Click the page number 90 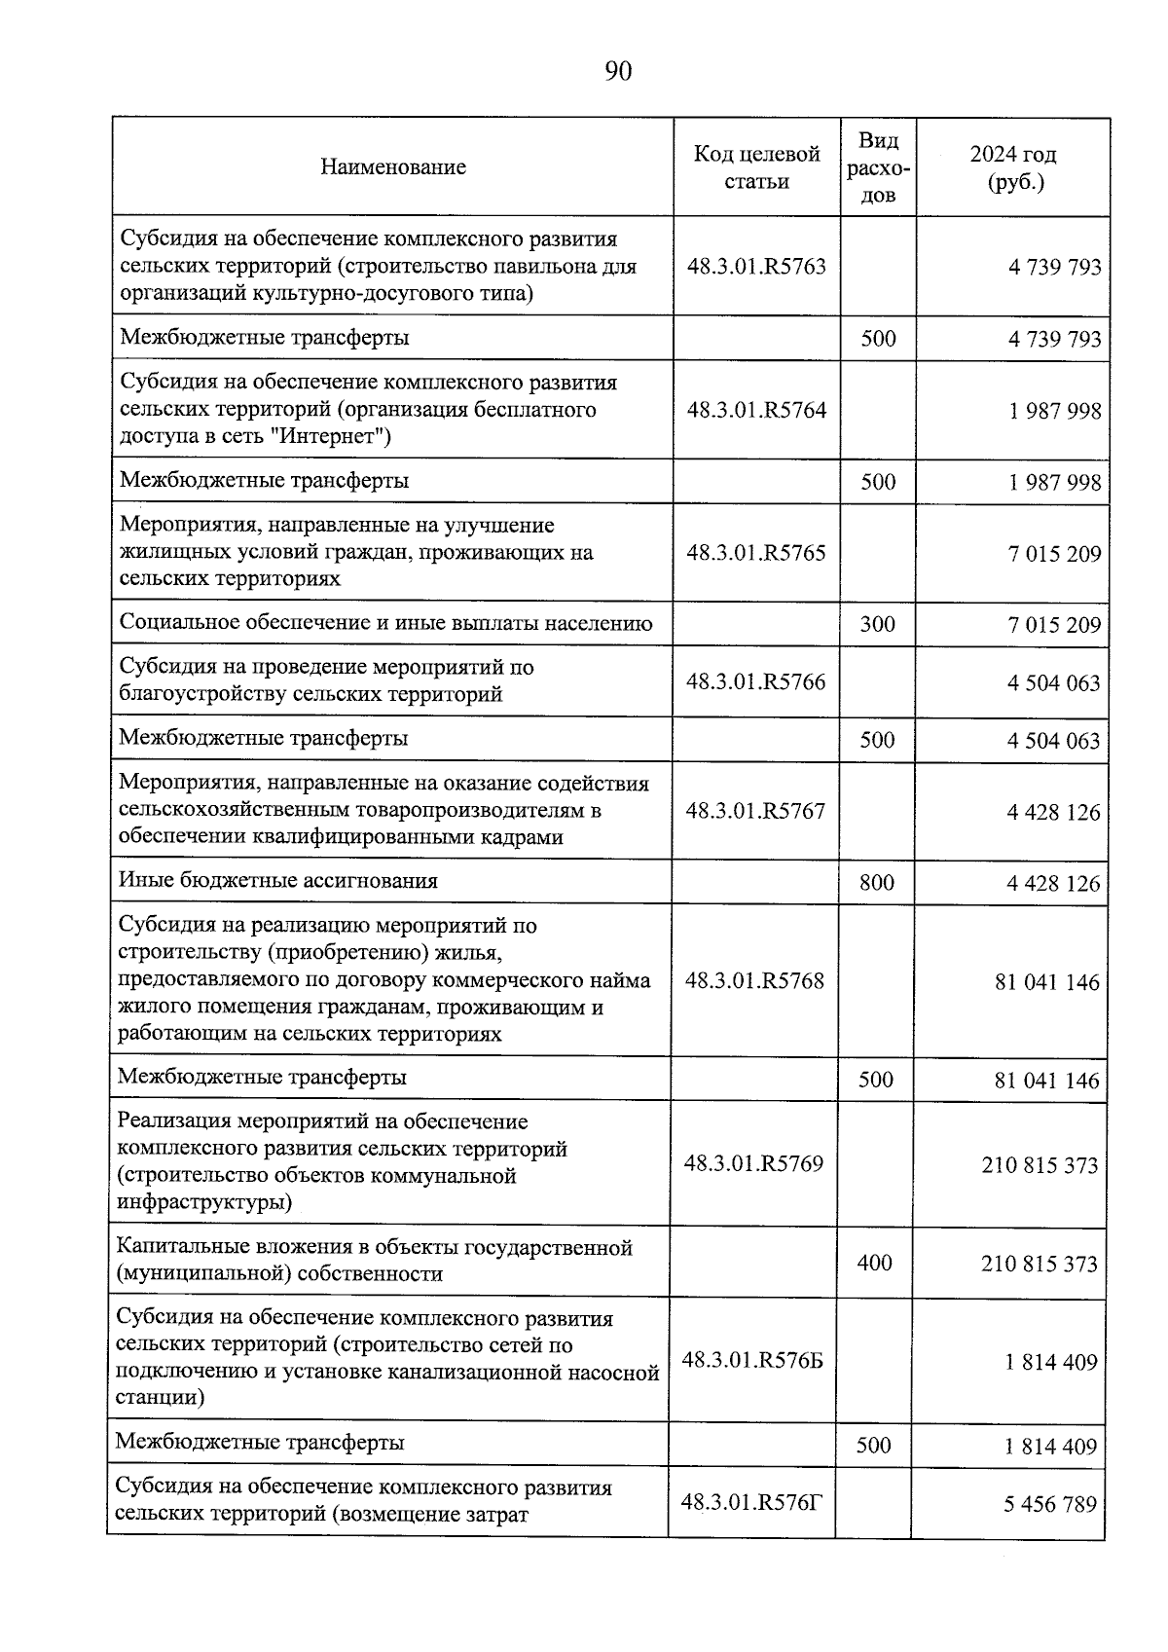(618, 72)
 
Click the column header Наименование (393, 166)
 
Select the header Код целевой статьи (756, 167)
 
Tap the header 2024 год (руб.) (1013, 167)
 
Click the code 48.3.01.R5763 (756, 266)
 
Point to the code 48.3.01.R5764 (756, 410)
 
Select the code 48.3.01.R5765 (756, 552)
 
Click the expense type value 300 (877, 623)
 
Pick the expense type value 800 (877, 882)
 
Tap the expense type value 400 (875, 1262)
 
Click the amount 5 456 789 (1050, 1504)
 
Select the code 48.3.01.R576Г (751, 1502)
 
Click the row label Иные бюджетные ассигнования (278, 880)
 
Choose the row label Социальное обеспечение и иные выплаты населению (385, 623)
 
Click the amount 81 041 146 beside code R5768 (1046, 982)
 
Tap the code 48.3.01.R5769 (753, 1163)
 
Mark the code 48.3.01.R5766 (755, 681)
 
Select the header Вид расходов (878, 167)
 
